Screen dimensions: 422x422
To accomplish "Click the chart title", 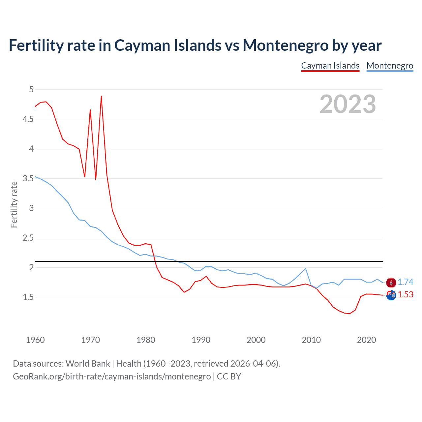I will [195, 45].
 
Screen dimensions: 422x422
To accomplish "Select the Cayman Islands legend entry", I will [330, 66].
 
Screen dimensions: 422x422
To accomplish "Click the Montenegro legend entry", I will [390, 66].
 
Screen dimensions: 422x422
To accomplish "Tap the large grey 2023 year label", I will [347, 104].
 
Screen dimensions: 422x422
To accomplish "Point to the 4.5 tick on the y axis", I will [28, 119].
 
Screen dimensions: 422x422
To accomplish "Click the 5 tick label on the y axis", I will [31, 89].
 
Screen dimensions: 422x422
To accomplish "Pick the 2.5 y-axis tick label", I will [28, 238].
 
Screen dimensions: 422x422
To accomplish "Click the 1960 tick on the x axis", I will [35, 340].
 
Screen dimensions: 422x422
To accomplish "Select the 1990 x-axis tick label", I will [201, 340].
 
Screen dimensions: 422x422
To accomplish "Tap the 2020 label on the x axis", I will [366, 340].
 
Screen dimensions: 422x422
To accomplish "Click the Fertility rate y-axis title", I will [14, 204].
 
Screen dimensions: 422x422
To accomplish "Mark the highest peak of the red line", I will [101, 96].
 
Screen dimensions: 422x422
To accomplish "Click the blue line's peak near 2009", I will [306, 268].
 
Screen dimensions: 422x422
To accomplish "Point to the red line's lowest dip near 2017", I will [349, 314].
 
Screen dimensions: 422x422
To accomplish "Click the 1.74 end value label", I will [405, 282].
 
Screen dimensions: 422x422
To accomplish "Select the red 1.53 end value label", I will [405, 294].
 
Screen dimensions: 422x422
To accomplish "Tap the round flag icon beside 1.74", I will [391, 283].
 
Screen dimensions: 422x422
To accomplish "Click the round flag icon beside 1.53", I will [391, 295].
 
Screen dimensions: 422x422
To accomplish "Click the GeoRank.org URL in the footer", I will [112, 376].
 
